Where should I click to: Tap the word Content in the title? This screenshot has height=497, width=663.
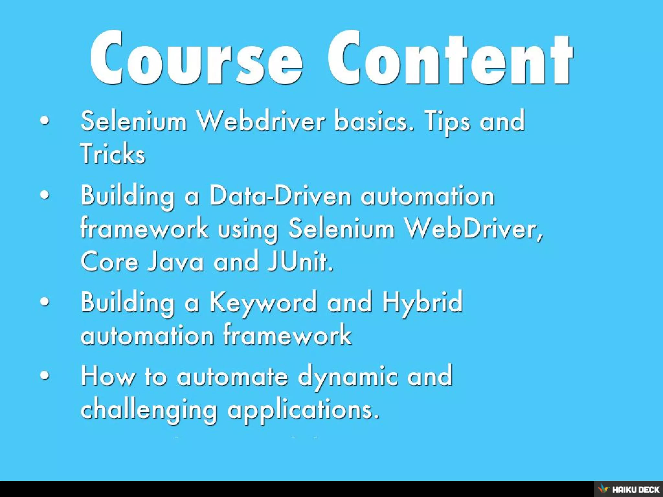coord(450,58)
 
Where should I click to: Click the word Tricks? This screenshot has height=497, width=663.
coord(113,153)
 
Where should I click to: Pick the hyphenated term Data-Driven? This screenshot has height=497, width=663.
coord(280,196)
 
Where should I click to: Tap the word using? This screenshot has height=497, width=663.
coord(248,229)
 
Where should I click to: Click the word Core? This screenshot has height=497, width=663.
coord(110,261)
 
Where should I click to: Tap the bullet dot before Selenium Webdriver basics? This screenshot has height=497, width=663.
coord(45,121)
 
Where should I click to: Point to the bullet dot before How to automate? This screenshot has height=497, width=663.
coord(45,376)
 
